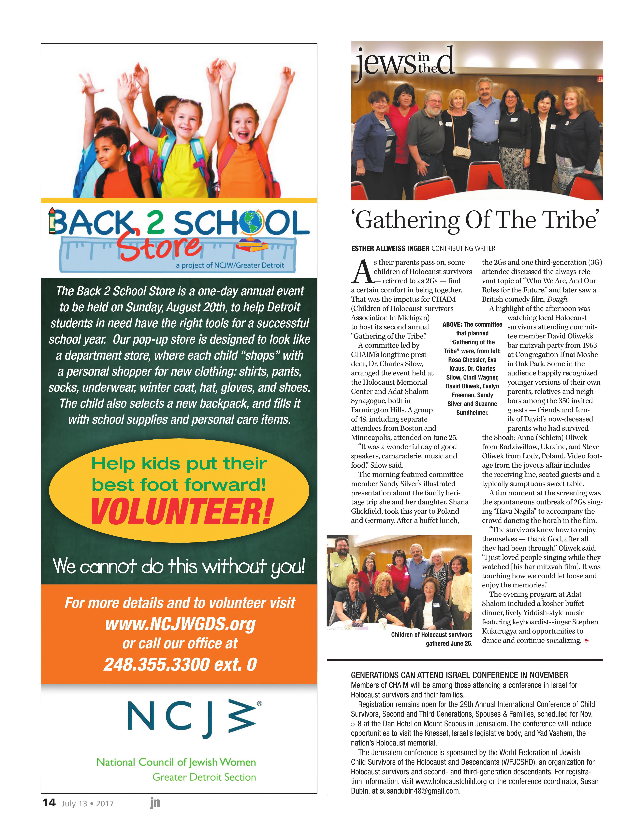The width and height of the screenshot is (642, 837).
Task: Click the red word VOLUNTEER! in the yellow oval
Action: coord(181,512)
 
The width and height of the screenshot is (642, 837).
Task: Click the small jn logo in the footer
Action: coord(155,803)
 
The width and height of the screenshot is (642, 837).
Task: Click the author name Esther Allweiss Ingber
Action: coord(390,248)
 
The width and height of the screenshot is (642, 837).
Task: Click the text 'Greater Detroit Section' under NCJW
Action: coord(204,777)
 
